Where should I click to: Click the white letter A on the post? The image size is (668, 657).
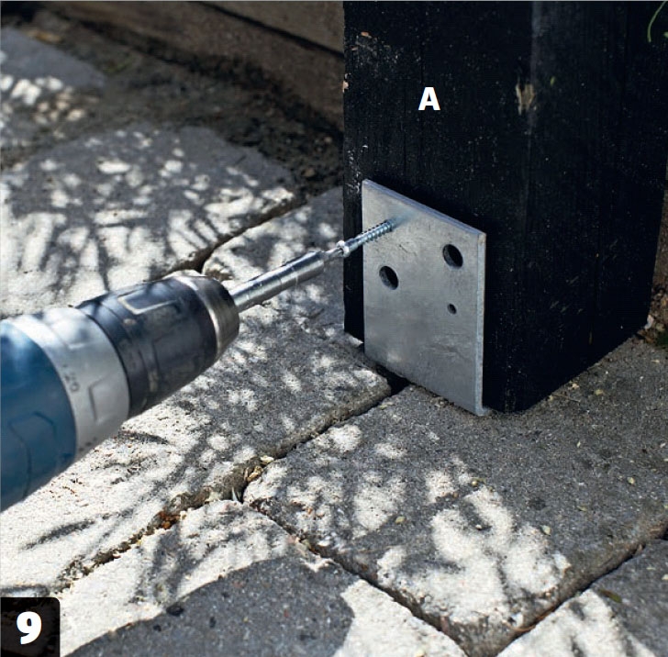click(x=429, y=99)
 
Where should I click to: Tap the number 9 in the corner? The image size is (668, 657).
click(x=29, y=628)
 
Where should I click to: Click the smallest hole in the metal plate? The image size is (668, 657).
click(x=451, y=308)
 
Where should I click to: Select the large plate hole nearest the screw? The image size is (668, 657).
click(x=388, y=277)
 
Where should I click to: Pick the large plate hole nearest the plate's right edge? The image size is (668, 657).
click(x=452, y=255)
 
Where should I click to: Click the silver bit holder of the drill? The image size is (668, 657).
click(x=281, y=278)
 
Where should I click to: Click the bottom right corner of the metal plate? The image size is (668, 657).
click(x=483, y=412)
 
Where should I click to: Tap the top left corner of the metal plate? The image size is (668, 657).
click(x=364, y=181)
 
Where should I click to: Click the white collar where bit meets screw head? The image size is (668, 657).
click(x=343, y=250)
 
